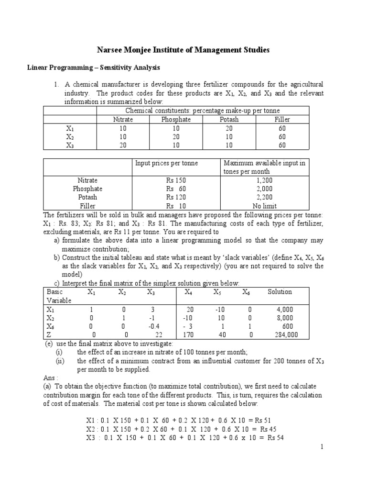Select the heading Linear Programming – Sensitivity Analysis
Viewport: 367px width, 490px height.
click(x=93, y=67)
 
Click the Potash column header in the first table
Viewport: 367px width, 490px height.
click(x=229, y=119)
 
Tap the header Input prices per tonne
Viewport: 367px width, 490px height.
click(x=166, y=163)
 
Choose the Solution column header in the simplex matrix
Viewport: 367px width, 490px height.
click(x=280, y=292)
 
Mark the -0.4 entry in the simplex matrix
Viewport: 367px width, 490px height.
click(x=151, y=326)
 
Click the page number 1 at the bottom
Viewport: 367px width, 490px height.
click(x=322, y=446)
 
